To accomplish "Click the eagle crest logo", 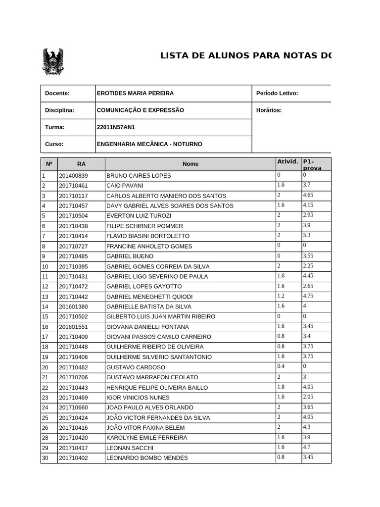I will coord(53,62).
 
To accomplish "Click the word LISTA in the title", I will coord(177,55).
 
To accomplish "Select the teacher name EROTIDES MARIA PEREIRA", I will coord(135,94).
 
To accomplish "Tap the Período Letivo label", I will coord(277,94).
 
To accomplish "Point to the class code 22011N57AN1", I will coord(116,127).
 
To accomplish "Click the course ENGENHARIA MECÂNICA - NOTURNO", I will coord(149,144).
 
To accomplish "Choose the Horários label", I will coord(269,110).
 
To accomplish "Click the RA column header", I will coord(81,164).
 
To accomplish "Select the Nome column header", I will coord(190,164).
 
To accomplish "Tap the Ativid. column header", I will coord(287,161).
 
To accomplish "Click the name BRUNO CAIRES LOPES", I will coord(139,176).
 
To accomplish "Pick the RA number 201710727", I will coord(73,246).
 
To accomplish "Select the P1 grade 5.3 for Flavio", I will coord(307,235).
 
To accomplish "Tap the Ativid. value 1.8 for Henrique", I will coord(281,387).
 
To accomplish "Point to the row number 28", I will coord(45,438).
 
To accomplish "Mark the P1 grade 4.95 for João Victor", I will coord(308,417).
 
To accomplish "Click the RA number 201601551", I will coord(73,327).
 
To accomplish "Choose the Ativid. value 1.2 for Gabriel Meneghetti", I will coord(281,296).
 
